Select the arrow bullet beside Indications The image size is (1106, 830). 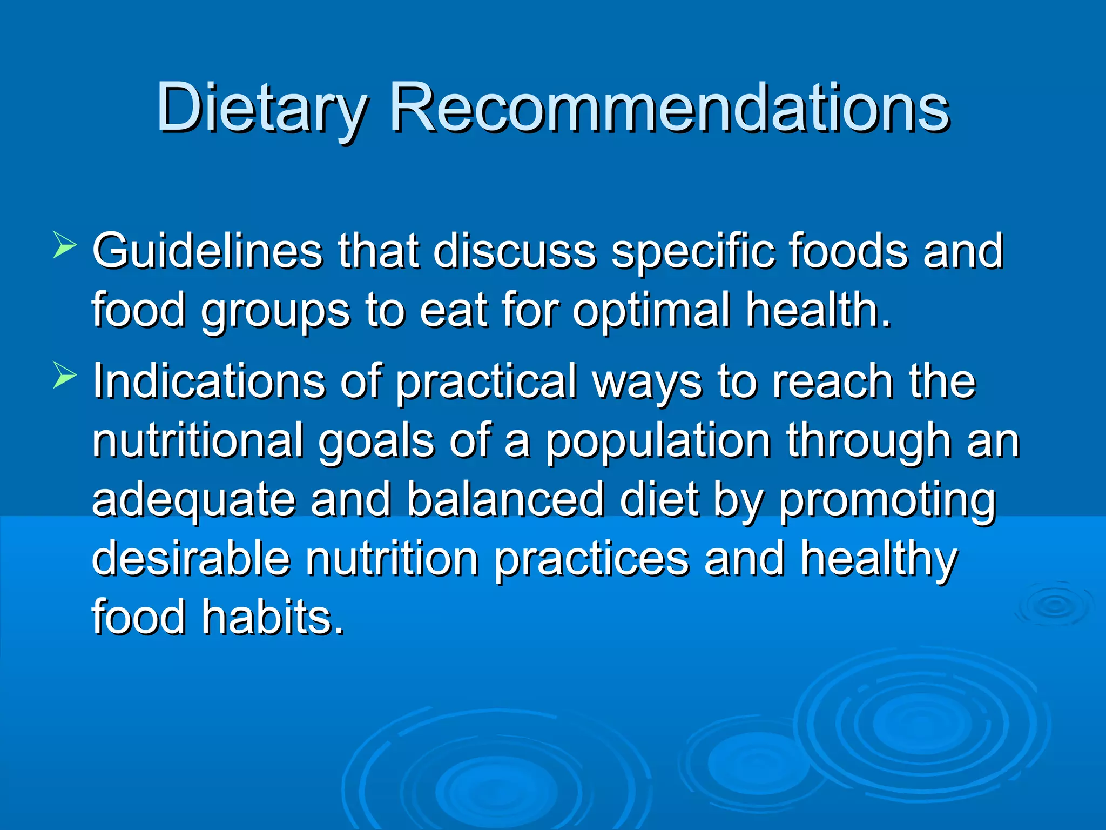point(65,375)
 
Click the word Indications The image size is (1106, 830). point(208,381)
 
